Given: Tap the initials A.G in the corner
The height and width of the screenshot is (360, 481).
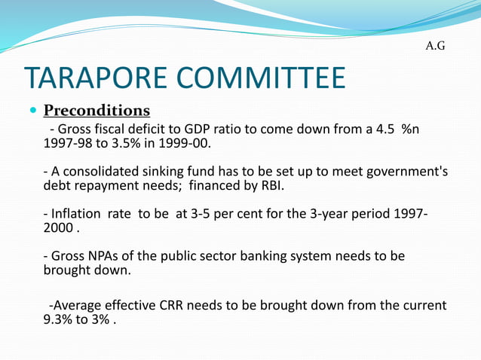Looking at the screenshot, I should click(x=436, y=46).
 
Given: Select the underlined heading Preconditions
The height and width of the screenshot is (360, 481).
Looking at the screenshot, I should click(x=97, y=111).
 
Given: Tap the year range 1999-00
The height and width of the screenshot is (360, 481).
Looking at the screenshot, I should click(x=185, y=142).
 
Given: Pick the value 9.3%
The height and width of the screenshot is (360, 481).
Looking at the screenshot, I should click(x=58, y=320).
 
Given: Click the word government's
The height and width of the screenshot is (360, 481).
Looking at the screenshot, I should click(x=403, y=171).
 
